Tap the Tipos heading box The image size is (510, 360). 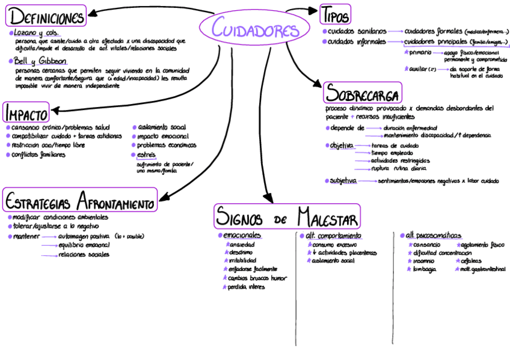335,13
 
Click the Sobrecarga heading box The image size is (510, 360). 363,93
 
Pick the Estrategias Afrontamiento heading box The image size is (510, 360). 80,199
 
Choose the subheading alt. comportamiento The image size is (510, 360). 333,236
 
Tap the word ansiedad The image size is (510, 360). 242,245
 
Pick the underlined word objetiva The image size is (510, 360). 342,145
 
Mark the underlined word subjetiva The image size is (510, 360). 343,180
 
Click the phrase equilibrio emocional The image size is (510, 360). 85,245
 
